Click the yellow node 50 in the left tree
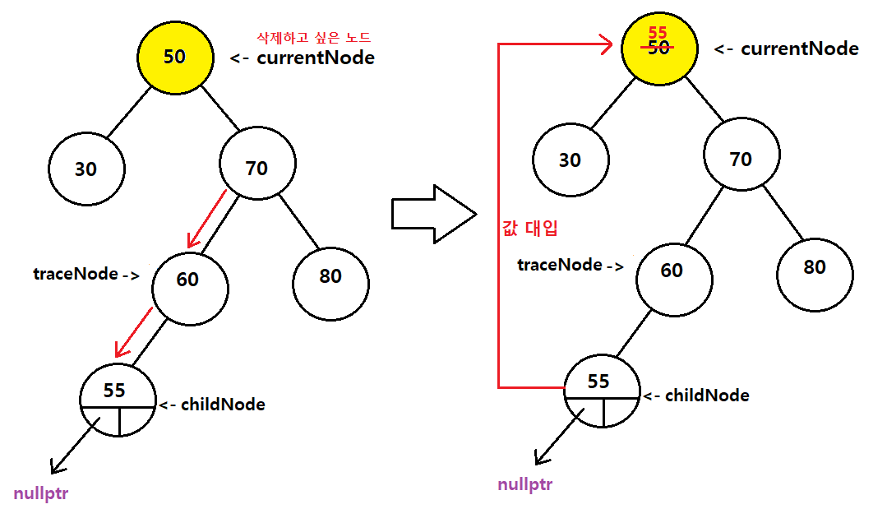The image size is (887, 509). pyautogui.click(x=173, y=56)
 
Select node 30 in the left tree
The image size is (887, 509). pyautogui.click(x=85, y=169)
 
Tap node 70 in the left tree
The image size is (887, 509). pyautogui.click(x=257, y=168)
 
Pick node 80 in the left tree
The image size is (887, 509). pyautogui.click(x=330, y=276)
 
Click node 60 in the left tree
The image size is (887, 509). pyautogui.click(x=189, y=280)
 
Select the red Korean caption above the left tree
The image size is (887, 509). pyautogui.click(x=314, y=37)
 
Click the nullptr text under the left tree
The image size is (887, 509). pyautogui.click(x=41, y=493)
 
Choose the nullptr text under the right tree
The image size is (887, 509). pyautogui.click(x=524, y=484)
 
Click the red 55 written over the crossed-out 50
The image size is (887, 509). pyautogui.click(x=658, y=34)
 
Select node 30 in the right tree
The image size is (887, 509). pyautogui.click(x=570, y=160)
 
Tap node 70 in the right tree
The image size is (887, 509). pyautogui.click(x=741, y=159)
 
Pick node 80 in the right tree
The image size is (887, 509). pyautogui.click(x=814, y=266)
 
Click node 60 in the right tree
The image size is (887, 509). pyautogui.click(x=672, y=270)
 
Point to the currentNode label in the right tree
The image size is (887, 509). pyautogui.click(x=799, y=49)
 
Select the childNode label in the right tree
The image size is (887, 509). pyautogui.click(x=707, y=396)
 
